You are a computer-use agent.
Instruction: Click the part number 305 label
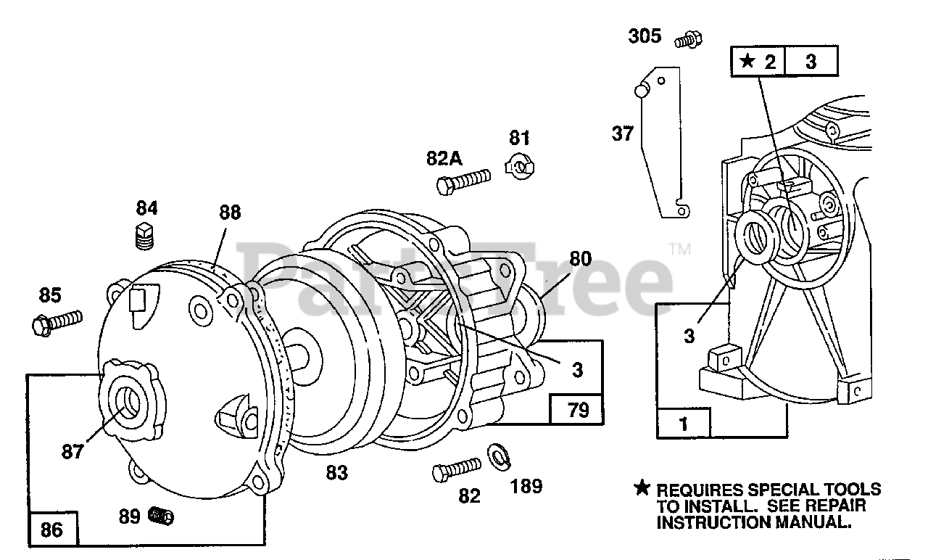[x=645, y=35]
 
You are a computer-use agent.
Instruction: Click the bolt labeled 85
[x=57, y=321]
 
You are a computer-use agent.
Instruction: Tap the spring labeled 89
[x=161, y=516]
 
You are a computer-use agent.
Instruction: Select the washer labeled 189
[x=498, y=456]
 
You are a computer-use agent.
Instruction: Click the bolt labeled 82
[x=457, y=469]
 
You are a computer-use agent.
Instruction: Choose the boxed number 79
[x=576, y=411]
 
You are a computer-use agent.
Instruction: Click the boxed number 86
[x=51, y=530]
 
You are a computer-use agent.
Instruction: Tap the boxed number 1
[x=683, y=424]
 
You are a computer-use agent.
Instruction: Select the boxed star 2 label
[x=758, y=62]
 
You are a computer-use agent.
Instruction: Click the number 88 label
[x=230, y=213]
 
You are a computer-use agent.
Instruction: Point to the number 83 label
[x=336, y=474]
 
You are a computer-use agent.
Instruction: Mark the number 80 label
[x=580, y=259]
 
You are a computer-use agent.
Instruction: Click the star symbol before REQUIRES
[x=642, y=488]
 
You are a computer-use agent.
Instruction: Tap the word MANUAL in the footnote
[x=813, y=522]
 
